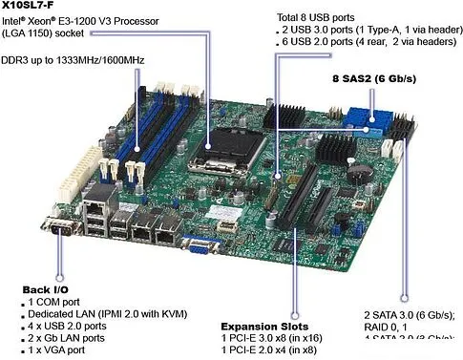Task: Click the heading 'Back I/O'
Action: pyautogui.click(x=47, y=288)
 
